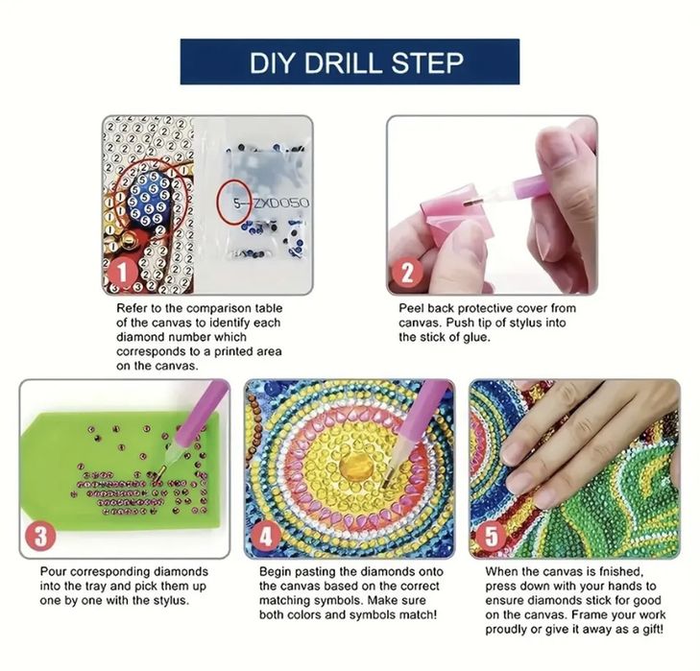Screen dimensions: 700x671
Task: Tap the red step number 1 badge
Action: [122, 272]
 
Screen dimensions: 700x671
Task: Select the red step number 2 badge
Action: [407, 272]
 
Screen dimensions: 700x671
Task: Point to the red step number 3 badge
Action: [40, 537]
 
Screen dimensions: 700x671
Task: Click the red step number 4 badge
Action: [266, 537]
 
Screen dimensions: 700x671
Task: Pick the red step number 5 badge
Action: [492, 537]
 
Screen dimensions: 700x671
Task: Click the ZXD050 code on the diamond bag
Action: [281, 204]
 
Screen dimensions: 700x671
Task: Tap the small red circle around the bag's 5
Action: [234, 203]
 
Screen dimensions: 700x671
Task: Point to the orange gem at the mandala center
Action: [356, 465]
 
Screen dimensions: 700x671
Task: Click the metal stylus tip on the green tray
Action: [160, 474]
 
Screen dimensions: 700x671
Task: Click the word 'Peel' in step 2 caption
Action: [409, 308]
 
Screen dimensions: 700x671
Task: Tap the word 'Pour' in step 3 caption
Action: [53, 572]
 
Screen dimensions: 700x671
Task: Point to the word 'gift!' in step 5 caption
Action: [650, 630]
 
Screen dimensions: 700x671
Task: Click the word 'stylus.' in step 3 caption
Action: [172, 601]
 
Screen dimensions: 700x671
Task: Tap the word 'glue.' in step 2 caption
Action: [476, 338]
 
